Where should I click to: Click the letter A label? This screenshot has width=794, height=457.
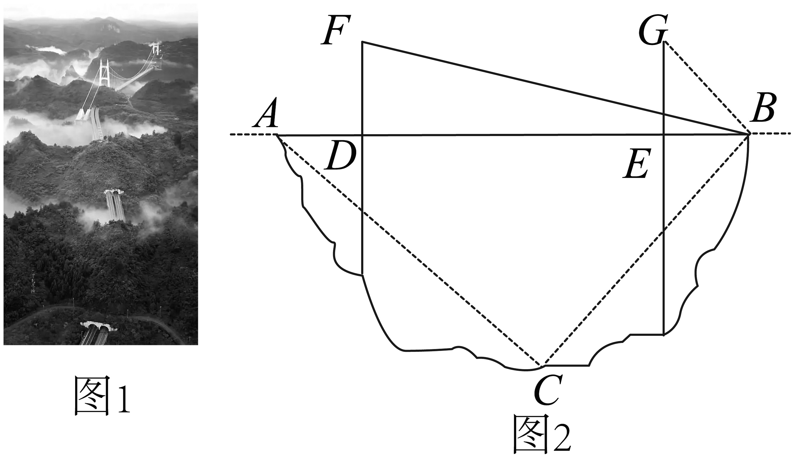[x=266, y=113]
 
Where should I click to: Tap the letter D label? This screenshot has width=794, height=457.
[x=341, y=156]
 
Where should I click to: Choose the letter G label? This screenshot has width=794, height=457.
[x=653, y=30]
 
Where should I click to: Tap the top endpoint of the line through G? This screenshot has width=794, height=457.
[x=664, y=42]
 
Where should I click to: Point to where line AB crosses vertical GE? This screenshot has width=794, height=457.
[x=664, y=135]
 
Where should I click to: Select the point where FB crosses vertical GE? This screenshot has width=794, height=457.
[x=664, y=113]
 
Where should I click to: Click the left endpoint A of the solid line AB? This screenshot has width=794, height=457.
[x=277, y=135]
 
